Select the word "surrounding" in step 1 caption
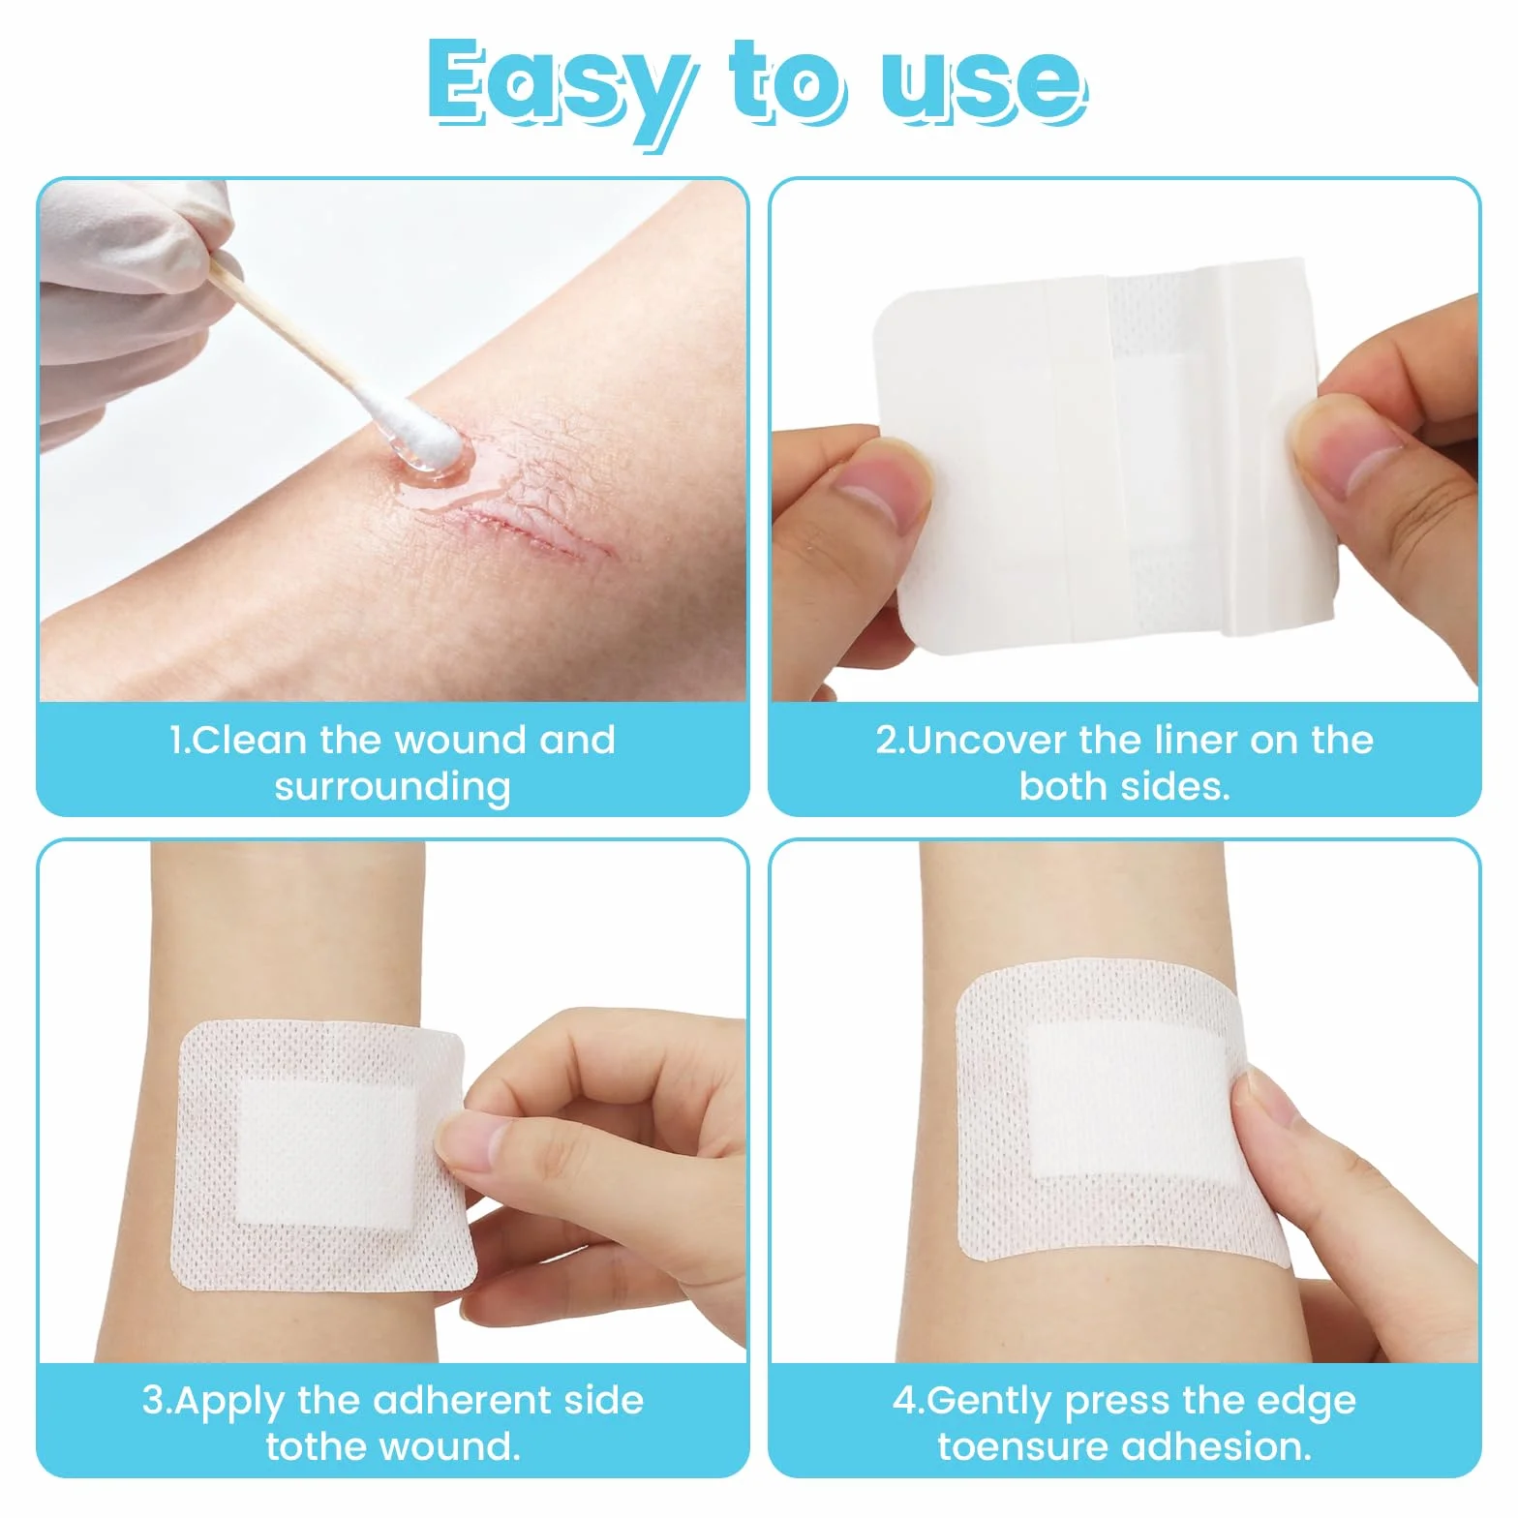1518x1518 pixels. coord(392,787)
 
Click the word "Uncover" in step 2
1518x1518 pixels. coord(987,741)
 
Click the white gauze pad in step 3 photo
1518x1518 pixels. coord(327,1154)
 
